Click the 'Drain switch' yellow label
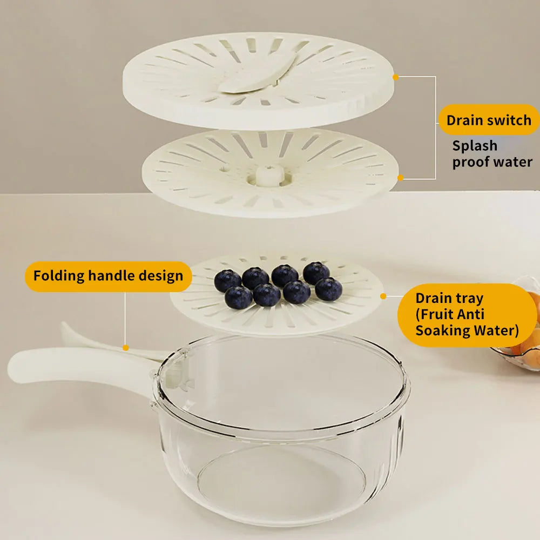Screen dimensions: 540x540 click(489, 120)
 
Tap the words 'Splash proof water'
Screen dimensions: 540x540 click(492, 154)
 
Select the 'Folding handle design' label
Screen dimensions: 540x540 click(108, 276)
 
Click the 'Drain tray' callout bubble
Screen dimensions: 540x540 click(467, 314)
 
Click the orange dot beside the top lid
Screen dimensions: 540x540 click(395, 77)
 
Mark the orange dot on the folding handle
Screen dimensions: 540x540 click(125, 348)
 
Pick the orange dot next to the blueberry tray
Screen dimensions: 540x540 click(383, 296)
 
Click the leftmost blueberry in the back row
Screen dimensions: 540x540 click(228, 280)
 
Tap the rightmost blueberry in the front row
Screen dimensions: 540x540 click(328, 289)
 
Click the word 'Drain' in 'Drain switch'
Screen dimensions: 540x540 click(464, 120)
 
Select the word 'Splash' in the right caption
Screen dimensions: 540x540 click(475, 146)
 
